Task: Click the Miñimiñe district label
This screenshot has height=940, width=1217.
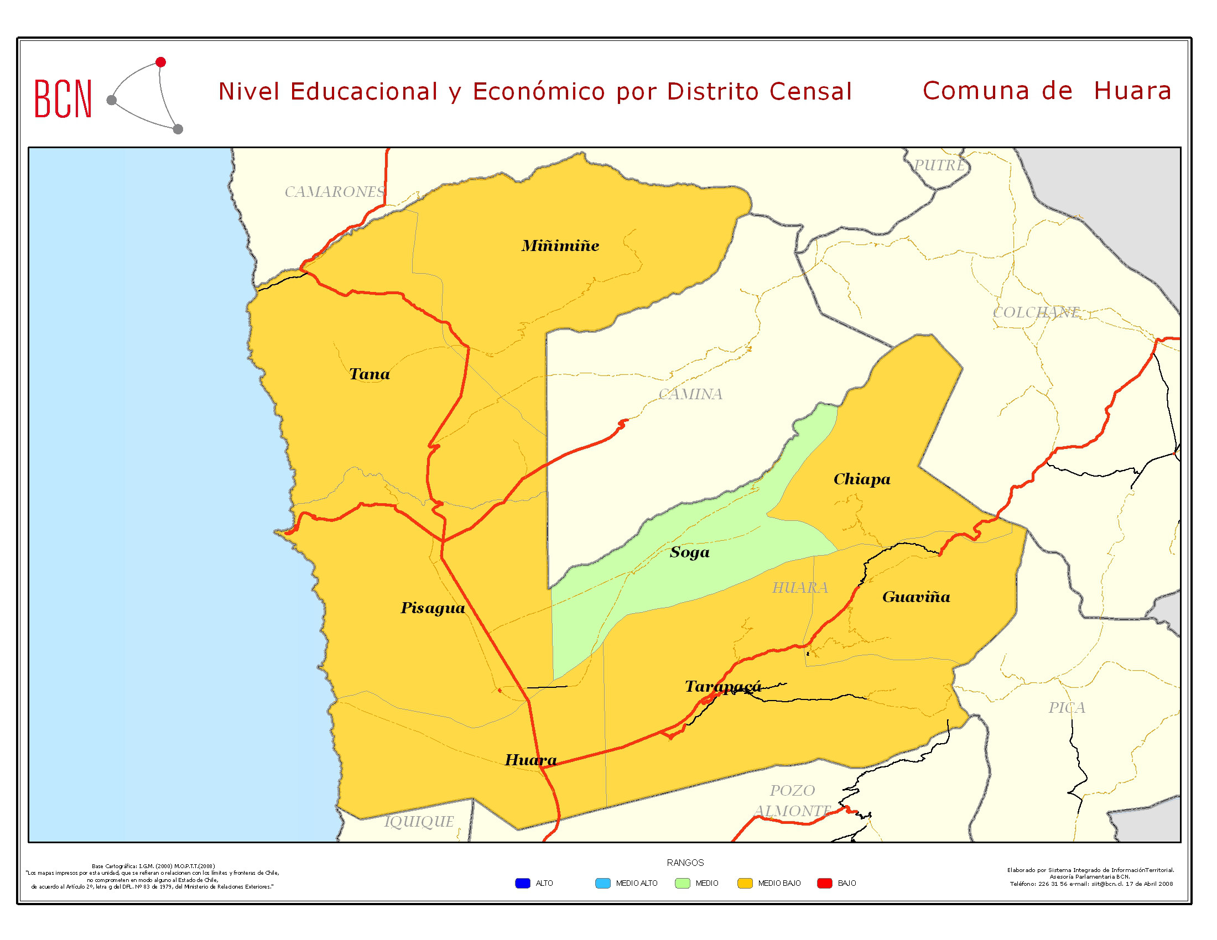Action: [x=560, y=246]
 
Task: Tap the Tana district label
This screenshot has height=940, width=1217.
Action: [x=369, y=374]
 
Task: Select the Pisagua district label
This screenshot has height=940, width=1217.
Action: [x=433, y=608]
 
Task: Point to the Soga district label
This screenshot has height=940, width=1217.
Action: [x=689, y=552]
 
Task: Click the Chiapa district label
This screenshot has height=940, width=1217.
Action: [x=861, y=479]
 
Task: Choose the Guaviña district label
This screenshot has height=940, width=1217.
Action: [x=916, y=597]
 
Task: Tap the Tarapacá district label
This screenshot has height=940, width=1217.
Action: [x=723, y=686]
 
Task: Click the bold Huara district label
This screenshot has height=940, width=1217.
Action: [x=531, y=760]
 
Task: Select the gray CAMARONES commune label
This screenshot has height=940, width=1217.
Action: [x=334, y=191]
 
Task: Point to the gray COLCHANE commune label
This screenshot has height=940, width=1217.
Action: [x=1036, y=312]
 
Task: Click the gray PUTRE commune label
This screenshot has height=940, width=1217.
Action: [x=939, y=165]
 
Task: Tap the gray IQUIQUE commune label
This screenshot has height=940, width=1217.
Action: [x=419, y=821]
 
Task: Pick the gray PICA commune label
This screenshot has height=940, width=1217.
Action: [x=1067, y=707]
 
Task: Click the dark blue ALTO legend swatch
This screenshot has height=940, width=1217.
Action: [x=522, y=883]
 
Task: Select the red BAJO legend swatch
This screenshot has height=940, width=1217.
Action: [x=824, y=883]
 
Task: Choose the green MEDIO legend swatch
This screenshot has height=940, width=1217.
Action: [x=682, y=883]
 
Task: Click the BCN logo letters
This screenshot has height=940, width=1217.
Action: [x=63, y=99]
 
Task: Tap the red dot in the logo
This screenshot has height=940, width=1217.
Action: [x=160, y=62]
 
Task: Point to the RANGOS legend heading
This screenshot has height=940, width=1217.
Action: [x=685, y=863]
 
